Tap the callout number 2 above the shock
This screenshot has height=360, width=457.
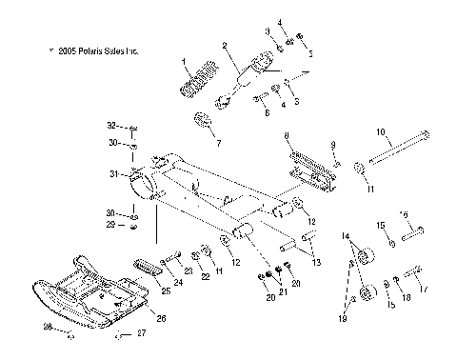[x=224, y=46]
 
